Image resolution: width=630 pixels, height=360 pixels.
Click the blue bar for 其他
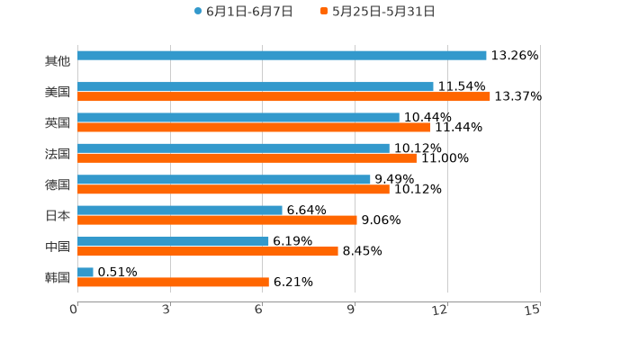coord(282,56)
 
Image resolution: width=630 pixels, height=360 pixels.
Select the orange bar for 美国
coord(283,96)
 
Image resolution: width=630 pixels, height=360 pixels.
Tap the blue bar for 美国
coord(256,86)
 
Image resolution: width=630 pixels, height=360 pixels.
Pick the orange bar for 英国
coord(254,127)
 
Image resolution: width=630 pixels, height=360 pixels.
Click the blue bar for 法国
coord(233,148)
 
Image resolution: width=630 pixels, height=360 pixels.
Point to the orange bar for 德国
coord(233,189)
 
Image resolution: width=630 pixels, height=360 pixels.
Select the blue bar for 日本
coord(180,210)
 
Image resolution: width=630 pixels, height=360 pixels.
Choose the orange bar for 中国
coord(208,251)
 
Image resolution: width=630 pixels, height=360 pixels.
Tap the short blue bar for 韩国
coord(85,272)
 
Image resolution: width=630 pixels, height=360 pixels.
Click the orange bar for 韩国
coord(173,282)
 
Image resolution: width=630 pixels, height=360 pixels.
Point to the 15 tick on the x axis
coord(533,310)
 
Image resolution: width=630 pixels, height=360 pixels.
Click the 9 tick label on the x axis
coord(353,310)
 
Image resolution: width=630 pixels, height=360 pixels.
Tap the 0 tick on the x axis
coord(74,310)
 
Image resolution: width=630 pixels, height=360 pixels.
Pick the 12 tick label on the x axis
coord(440,310)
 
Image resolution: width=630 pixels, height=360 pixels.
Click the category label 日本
coord(58,215)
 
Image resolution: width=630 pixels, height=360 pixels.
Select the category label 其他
coord(58,61)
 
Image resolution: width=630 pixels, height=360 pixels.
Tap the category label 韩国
coord(58,277)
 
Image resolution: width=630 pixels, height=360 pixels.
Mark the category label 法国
coord(58,153)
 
